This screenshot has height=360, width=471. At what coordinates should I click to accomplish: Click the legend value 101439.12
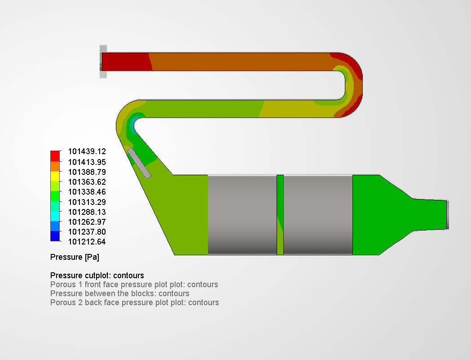click(87, 152)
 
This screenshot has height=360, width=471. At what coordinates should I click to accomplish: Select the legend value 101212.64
click(87, 242)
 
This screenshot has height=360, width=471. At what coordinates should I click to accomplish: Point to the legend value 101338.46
click(87, 192)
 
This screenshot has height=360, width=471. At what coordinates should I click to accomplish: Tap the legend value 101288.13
click(87, 212)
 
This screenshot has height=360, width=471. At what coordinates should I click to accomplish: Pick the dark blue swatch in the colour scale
click(55, 236)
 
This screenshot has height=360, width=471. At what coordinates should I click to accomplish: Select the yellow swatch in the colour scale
click(55, 176)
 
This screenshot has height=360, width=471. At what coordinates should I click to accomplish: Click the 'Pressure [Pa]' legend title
click(75, 258)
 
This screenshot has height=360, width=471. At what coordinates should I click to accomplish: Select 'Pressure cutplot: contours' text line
click(97, 276)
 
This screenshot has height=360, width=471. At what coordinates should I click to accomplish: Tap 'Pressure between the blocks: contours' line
click(119, 293)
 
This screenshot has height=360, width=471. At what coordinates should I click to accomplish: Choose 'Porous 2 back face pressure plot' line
click(134, 302)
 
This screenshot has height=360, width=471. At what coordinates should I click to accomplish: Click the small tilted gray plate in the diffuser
click(139, 163)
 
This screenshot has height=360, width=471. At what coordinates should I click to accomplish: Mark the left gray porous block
click(242, 215)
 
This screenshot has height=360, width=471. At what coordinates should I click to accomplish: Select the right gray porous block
click(318, 215)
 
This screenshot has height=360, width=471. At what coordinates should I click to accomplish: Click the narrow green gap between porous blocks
click(280, 215)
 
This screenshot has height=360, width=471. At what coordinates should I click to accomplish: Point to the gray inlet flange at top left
click(103, 62)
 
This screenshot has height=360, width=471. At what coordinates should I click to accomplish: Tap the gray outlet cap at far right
click(447, 214)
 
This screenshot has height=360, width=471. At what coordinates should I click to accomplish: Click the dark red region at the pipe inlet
click(126, 62)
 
